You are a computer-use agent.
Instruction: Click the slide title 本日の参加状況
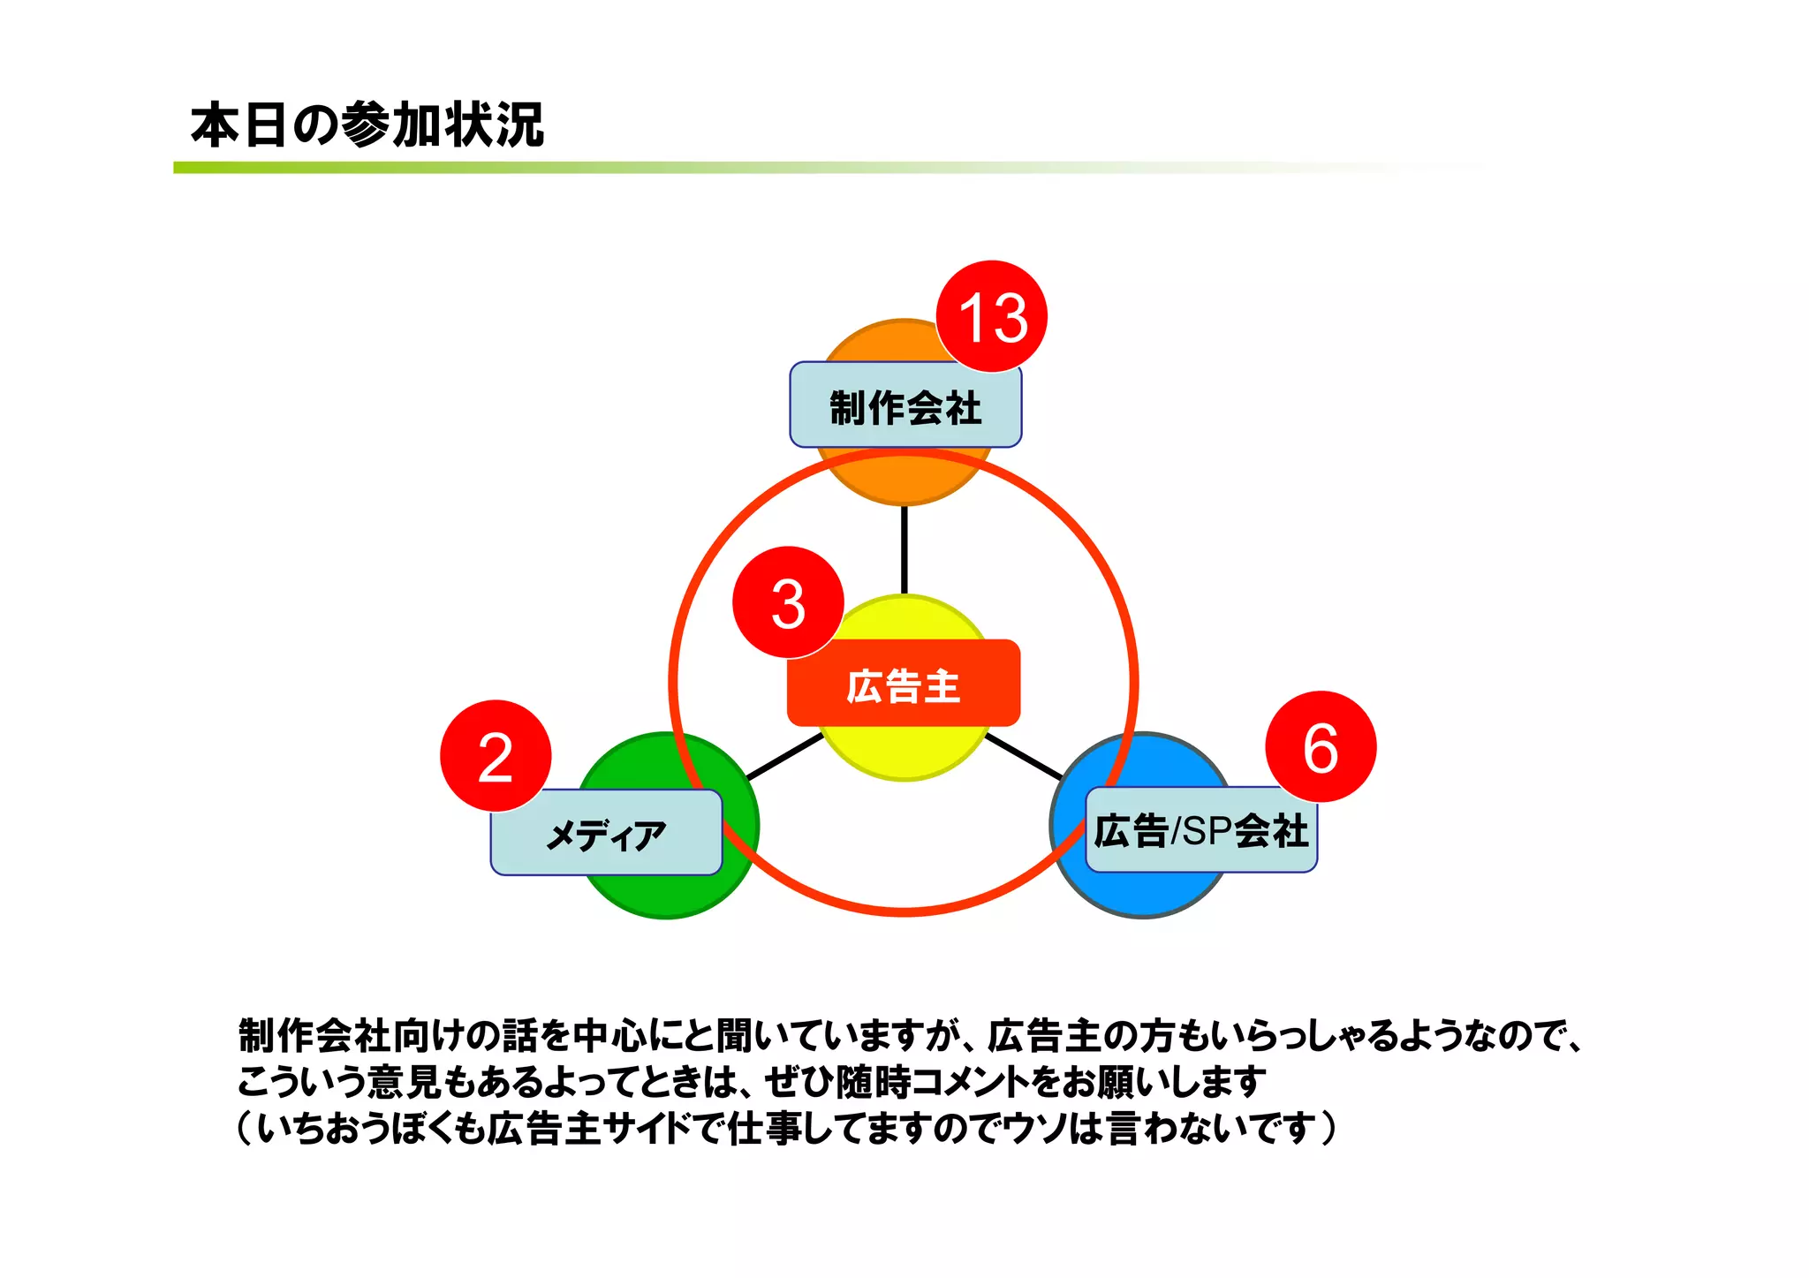click(367, 125)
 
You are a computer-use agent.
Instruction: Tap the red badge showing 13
click(992, 316)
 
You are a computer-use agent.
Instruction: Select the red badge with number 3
click(788, 602)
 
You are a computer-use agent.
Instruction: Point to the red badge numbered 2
click(496, 756)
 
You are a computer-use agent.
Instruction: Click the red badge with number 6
click(1321, 747)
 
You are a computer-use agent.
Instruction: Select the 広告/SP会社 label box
click(1200, 831)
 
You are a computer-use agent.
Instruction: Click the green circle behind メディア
click(671, 892)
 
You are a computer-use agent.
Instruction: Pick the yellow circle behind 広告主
click(903, 751)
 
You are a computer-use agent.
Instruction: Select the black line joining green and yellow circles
click(784, 757)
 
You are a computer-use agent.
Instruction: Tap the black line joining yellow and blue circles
click(1024, 757)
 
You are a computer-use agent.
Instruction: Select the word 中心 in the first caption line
click(610, 1035)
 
